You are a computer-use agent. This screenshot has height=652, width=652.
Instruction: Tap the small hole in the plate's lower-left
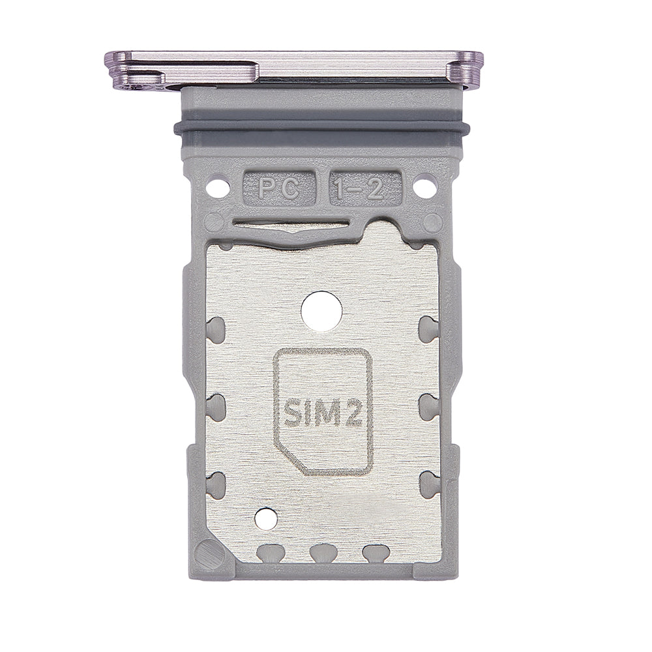point(265,519)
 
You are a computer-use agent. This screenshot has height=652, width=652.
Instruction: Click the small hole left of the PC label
point(213,189)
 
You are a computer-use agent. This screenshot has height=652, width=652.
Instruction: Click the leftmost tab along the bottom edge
point(267,553)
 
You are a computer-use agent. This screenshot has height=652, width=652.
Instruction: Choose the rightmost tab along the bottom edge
point(374,553)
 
